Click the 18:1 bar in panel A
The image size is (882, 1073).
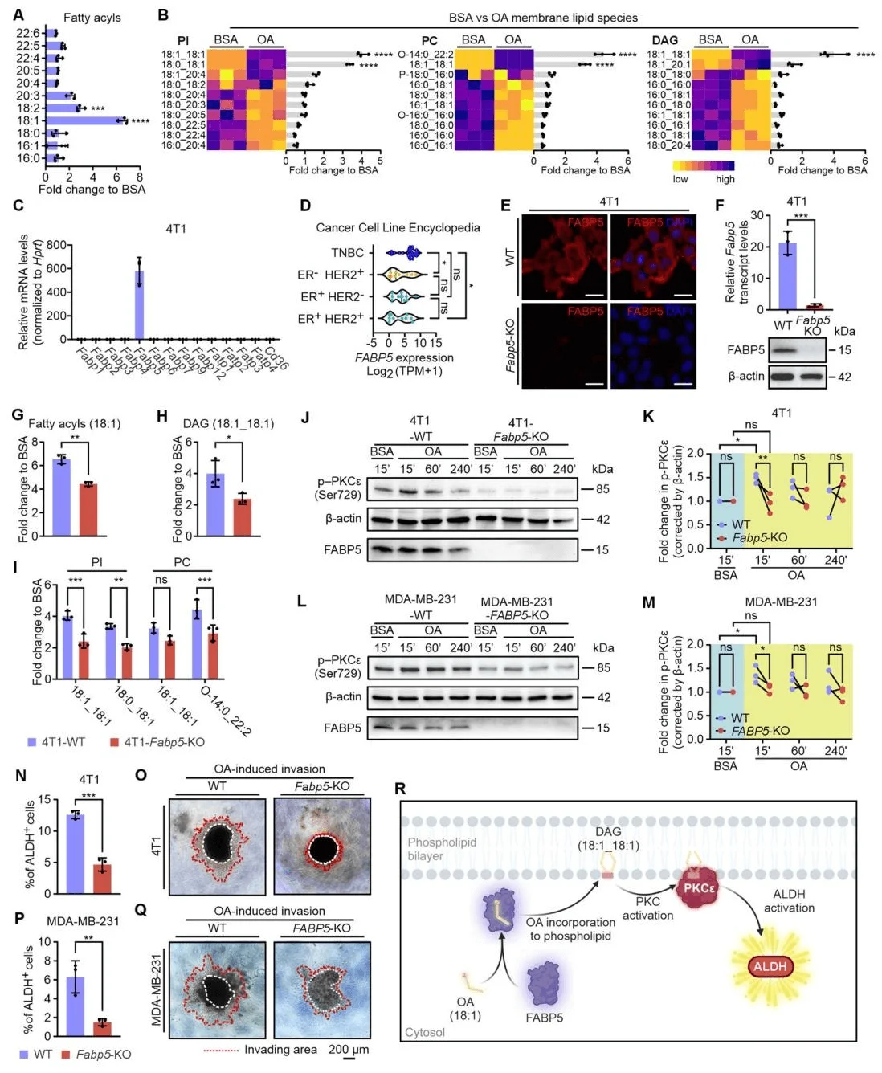84,120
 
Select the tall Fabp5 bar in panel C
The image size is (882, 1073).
139,305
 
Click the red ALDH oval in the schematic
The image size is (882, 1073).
770,966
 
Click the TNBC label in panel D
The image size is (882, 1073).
347,253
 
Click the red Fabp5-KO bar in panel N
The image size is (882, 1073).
102,879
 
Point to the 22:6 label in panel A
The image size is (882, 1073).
28,33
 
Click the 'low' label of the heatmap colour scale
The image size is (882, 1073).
680,179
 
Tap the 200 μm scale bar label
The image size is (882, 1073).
349,1049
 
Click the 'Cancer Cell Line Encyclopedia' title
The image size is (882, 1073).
398,227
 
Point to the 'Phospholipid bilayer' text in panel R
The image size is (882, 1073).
442,849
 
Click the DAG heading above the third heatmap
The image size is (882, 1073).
664,40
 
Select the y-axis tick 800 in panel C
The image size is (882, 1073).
56,246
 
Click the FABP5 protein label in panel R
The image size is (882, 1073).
544,1018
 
